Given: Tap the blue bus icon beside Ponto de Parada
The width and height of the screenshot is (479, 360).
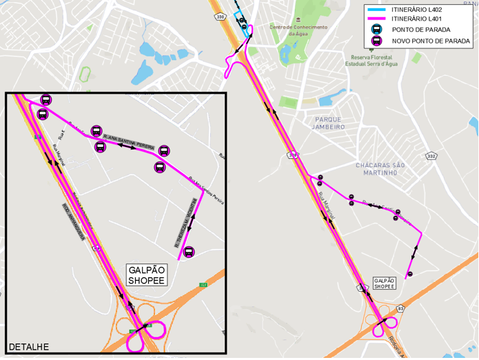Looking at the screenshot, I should (377, 30).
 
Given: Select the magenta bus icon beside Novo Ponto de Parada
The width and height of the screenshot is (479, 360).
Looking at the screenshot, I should (377, 41).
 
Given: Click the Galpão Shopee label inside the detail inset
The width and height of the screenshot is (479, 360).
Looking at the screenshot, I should (146, 276).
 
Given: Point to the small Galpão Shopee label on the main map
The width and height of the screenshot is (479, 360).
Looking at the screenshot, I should (385, 283).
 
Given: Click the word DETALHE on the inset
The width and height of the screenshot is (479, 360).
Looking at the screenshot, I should (28, 346).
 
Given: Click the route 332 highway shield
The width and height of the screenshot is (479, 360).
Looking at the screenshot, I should (431, 156).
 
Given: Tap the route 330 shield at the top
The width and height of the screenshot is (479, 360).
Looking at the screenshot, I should (220, 16).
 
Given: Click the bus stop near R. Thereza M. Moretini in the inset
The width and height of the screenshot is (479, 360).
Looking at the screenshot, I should (189, 252).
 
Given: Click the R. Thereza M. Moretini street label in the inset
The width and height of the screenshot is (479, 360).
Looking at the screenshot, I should (186, 223).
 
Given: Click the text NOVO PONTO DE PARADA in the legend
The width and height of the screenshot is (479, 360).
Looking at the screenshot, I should (431, 41).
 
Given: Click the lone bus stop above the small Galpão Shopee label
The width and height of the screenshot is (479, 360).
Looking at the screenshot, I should (410, 274).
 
